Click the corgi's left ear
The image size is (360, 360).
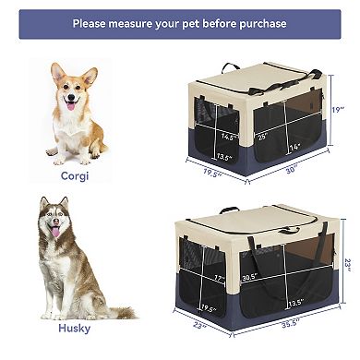(58, 73)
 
